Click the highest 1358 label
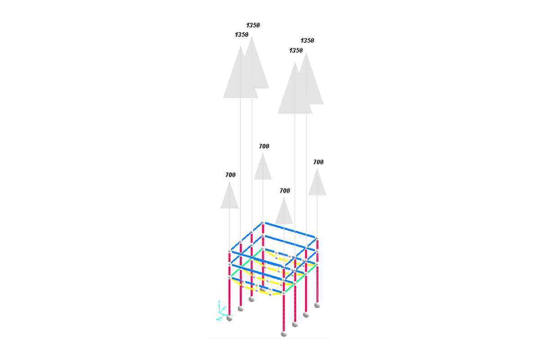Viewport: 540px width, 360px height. pyautogui.click(x=253, y=25)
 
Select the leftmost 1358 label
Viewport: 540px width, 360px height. pyautogui.click(x=242, y=35)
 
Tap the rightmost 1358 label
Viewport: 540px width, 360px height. pyautogui.click(x=307, y=40)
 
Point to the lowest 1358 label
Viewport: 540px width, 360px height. pyautogui.click(x=296, y=50)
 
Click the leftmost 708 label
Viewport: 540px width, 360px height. pyautogui.click(x=230, y=175)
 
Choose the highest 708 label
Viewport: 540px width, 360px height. pyautogui.click(x=264, y=146)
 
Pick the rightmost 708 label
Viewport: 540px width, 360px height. pyautogui.click(x=318, y=162)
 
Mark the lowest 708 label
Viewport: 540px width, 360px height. pyautogui.click(x=285, y=191)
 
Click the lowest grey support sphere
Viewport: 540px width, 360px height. pyautogui.click(x=284, y=334)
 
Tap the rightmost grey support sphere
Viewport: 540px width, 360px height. pyautogui.click(x=317, y=305)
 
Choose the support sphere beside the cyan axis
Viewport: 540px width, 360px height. pyautogui.click(x=229, y=319)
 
